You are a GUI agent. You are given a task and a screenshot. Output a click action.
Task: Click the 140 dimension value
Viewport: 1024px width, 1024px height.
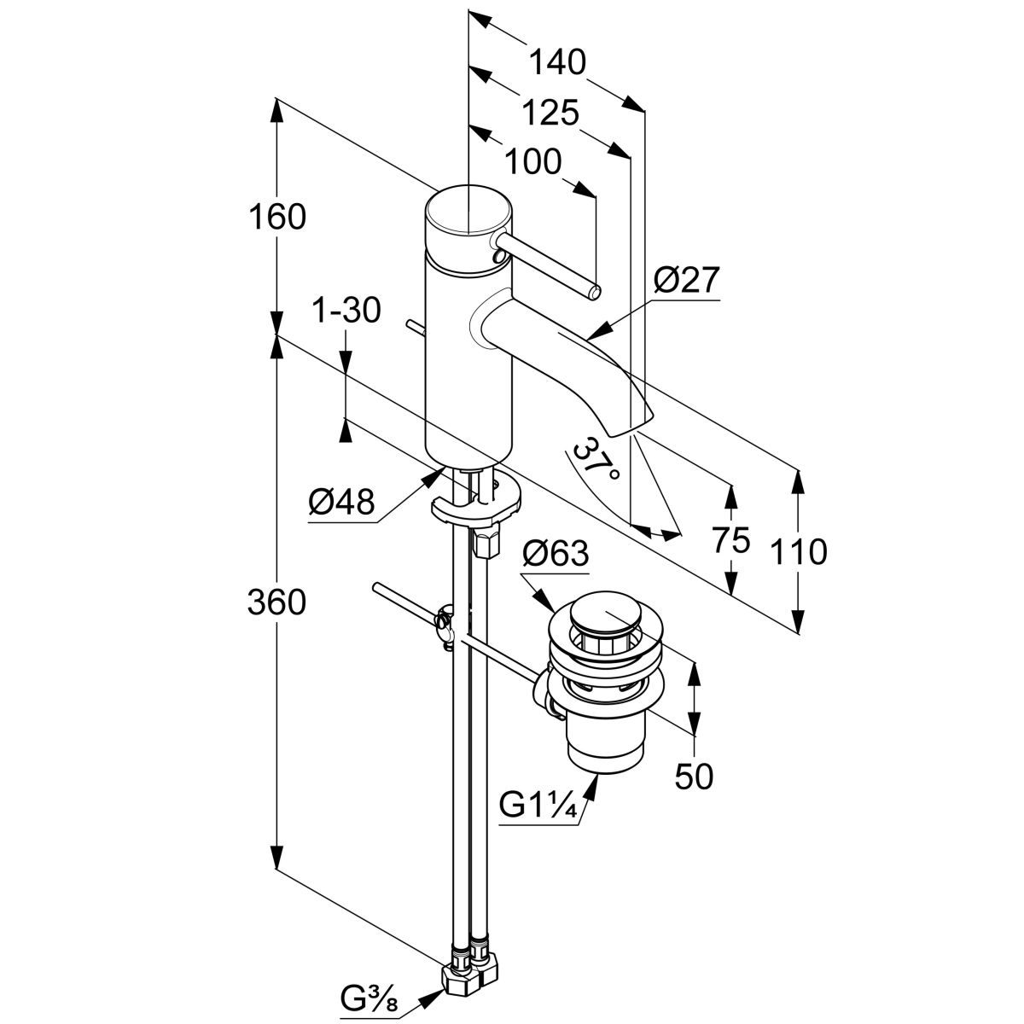pyautogui.click(x=557, y=61)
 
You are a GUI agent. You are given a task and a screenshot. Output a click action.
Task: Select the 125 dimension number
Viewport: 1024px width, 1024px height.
pyautogui.click(x=550, y=112)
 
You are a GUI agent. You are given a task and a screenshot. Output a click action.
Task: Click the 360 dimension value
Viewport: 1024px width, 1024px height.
pyautogui.click(x=276, y=602)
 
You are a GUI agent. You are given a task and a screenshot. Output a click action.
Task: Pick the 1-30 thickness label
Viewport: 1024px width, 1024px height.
pyautogui.click(x=346, y=311)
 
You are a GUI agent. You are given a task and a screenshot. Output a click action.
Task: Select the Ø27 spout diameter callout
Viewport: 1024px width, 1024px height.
pyautogui.click(x=687, y=280)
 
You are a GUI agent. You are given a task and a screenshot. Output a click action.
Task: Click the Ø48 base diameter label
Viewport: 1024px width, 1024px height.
pyautogui.click(x=341, y=503)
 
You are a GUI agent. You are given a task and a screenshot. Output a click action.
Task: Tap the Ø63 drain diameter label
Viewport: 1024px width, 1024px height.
pyautogui.click(x=556, y=554)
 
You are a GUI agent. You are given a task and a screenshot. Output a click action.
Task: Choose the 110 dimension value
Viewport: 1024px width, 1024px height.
pyautogui.click(x=797, y=552)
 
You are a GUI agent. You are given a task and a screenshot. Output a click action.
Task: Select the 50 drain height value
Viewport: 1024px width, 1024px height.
pyautogui.click(x=693, y=776)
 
